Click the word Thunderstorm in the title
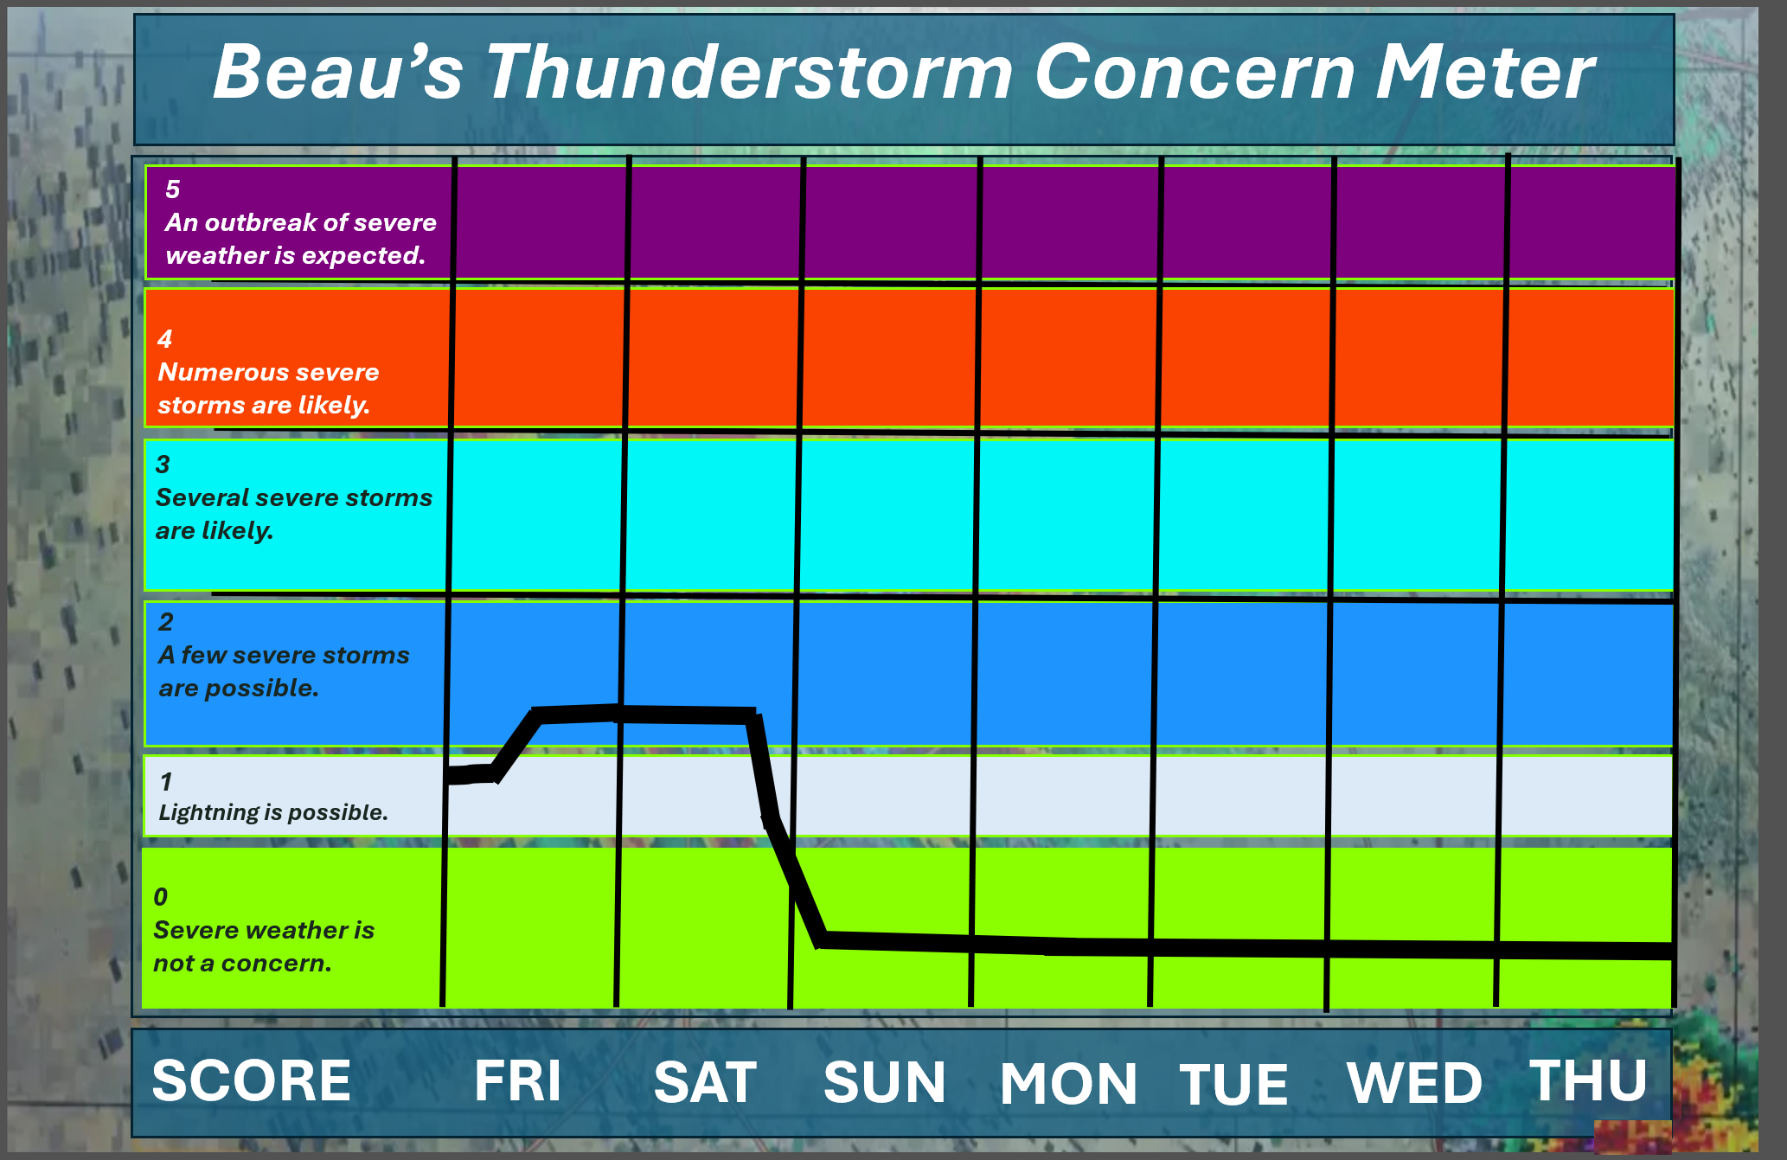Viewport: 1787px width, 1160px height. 749,72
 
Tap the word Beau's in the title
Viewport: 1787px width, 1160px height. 338,72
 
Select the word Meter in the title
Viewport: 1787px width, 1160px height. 1484,72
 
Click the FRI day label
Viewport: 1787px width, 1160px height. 517,1080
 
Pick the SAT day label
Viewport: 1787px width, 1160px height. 705,1082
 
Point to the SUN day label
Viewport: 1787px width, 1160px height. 884,1082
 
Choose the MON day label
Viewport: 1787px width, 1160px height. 1068,1084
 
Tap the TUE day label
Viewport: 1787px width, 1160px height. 1233,1084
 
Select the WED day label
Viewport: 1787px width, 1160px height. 1414,1083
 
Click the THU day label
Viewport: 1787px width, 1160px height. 1588,1080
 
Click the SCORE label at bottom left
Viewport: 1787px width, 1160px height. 251,1080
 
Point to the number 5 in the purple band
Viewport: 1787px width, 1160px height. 173,189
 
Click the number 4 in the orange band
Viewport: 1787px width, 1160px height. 165,339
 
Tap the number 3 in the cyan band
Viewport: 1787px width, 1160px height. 163,465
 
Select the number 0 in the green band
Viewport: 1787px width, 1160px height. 161,897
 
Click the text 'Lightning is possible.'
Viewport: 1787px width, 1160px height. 273,812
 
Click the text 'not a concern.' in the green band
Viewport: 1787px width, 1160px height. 242,963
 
